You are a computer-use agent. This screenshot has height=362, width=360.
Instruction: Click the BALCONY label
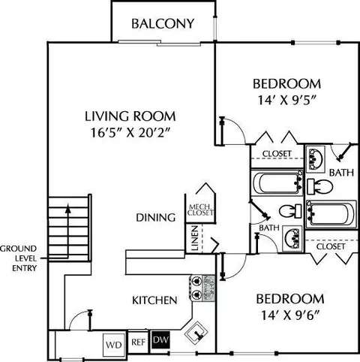[x=163, y=24]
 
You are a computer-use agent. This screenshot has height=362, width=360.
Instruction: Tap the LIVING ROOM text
[x=130, y=116]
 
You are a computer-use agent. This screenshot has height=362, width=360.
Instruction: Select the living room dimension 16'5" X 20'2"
[x=130, y=133]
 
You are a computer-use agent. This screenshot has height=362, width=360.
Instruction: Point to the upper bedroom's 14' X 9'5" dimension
[x=287, y=101]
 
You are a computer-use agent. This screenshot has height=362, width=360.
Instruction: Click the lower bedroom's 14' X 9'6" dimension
[x=290, y=315]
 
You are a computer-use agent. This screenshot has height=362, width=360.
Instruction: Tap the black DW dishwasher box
[x=160, y=340]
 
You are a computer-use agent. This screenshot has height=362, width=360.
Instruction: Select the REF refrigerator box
[x=138, y=342]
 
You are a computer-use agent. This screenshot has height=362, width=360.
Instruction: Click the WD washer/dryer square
[x=114, y=345]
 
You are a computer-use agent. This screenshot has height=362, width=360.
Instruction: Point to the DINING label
[x=155, y=218]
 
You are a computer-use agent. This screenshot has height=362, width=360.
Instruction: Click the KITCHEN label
[x=154, y=300]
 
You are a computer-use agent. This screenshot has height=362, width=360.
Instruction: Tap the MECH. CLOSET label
[x=200, y=210]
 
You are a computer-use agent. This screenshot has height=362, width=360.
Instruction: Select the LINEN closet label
[x=195, y=238]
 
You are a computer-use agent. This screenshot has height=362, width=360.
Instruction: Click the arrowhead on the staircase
[x=67, y=209]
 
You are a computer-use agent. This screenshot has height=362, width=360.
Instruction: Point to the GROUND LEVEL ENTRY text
[x=19, y=258]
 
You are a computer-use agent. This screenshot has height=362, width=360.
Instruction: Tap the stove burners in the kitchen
[x=196, y=288]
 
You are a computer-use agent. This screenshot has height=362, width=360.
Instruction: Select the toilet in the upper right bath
[x=319, y=186]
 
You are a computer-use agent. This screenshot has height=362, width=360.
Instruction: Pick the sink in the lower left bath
[x=292, y=239]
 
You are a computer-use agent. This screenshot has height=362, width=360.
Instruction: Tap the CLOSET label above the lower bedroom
[x=331, y=246]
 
